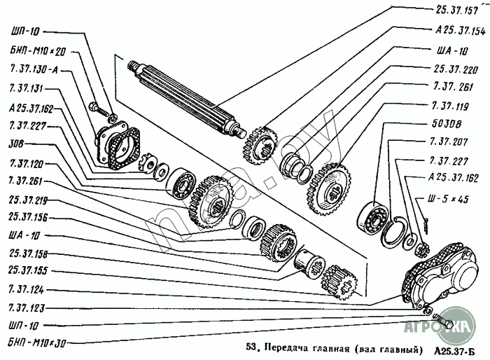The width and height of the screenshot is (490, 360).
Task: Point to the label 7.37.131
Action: pos(27,89)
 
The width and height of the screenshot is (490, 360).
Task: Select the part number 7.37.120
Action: pos(27,163)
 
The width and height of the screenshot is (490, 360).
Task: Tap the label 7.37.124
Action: pos(27,289)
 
